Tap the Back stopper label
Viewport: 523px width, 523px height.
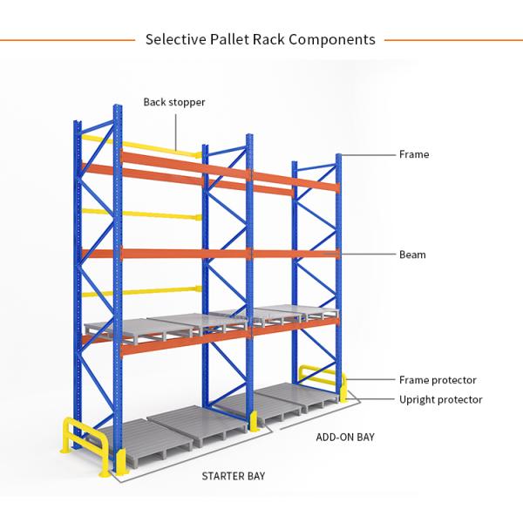[x=174, y=102]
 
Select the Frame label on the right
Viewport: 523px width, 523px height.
[x=414, y=154]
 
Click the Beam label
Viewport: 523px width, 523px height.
[x=412, y=255]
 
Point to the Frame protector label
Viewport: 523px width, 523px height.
[x=438, y=380]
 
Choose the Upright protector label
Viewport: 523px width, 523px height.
[x=440, y=399]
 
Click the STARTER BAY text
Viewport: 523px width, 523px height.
[x=233, y=476]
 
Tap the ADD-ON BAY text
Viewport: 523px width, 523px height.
[x=344, y=437]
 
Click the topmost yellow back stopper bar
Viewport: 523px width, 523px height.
[x=139, y=144]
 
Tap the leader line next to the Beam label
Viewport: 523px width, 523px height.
[x=366, y=255]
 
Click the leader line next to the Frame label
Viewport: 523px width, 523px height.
[x=366, y=154]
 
